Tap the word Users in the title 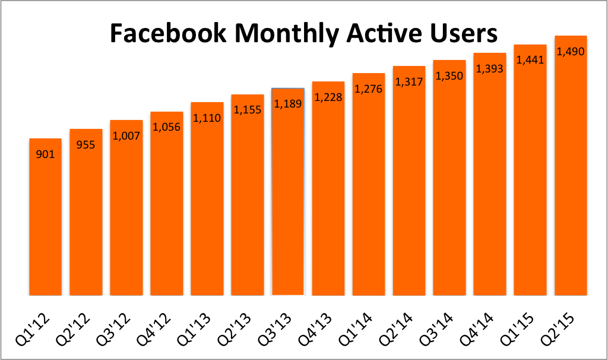point(464,34)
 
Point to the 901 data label point(45,155)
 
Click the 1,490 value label point(571,52)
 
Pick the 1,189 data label point(288,104)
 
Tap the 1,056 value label point(167,127)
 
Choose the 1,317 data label point(409,81)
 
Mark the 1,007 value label point(126,135)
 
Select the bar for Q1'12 point(45,226)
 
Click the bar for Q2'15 point(571,178)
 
